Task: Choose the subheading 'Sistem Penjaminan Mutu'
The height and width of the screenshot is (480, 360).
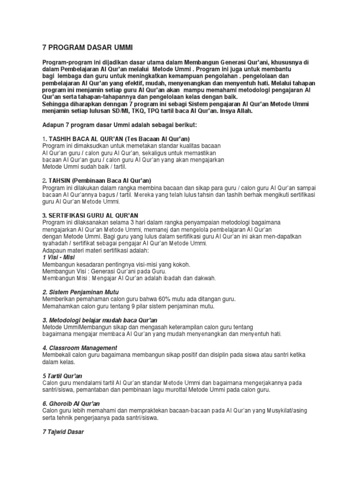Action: (82, 292)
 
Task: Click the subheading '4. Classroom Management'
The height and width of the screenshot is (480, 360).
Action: (80, 347)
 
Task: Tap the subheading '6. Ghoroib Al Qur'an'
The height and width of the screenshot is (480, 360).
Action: (71, 403)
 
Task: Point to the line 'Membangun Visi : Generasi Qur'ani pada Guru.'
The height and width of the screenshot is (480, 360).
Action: (105, 271)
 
